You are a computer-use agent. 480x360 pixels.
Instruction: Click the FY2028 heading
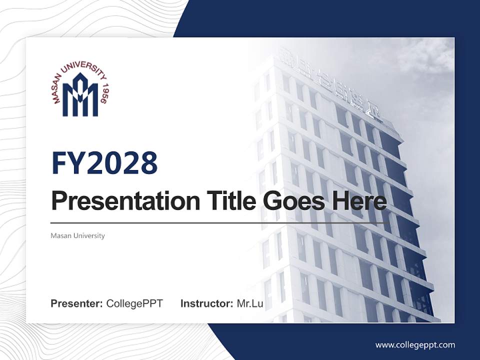(104, 163)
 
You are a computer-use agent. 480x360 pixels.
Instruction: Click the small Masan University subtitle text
(77, 235)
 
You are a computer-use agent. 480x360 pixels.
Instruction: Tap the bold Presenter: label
(76, 303)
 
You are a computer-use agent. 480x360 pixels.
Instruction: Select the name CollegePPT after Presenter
(134, 303)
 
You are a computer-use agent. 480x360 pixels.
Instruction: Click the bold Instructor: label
(206, 303)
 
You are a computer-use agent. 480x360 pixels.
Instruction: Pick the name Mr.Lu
(249, 303)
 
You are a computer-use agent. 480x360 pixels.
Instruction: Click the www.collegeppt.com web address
(415, 344)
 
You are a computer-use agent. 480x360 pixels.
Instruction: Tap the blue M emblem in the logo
(80, 95)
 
